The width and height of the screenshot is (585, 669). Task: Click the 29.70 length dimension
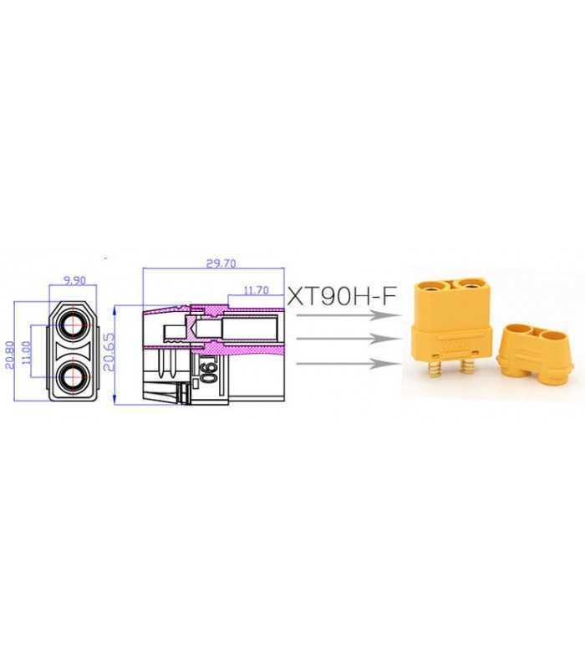[x=221, y=263]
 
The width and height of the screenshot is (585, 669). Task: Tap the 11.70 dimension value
[x=255, y=291]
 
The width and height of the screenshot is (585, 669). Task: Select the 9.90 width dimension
[x=75, y=281]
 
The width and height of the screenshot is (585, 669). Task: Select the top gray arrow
[x=343, y=316]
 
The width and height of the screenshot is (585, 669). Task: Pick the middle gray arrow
[x=343, y=340]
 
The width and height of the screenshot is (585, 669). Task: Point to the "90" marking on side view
[x=206, y=370]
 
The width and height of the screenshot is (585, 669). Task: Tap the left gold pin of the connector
[x=435, y=369]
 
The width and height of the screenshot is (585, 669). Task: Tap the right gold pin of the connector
[x=471, y=369]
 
